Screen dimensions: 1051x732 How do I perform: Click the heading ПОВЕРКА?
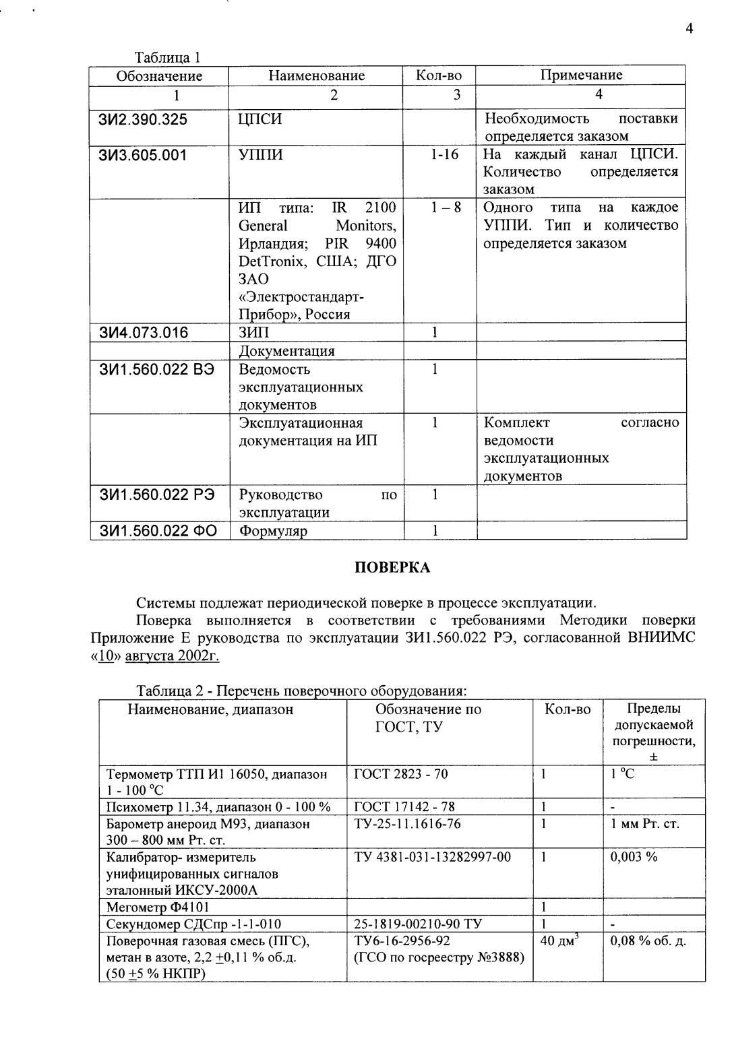pos(392,567)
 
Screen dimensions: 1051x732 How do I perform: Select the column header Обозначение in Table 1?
pos(159,75)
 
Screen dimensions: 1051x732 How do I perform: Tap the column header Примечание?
pos(581,75)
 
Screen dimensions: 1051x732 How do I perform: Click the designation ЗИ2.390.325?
pos(144,120)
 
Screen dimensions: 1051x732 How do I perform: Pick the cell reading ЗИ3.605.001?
pos(143,155)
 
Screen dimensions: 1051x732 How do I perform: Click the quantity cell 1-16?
pos(444,155)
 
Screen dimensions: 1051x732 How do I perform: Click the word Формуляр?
pos(274,531)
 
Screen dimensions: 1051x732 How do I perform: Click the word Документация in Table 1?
pos(286,351)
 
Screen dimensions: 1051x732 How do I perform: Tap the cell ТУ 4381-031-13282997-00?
pos(432,856)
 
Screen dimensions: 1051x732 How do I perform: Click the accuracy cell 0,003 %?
pos(634,856)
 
